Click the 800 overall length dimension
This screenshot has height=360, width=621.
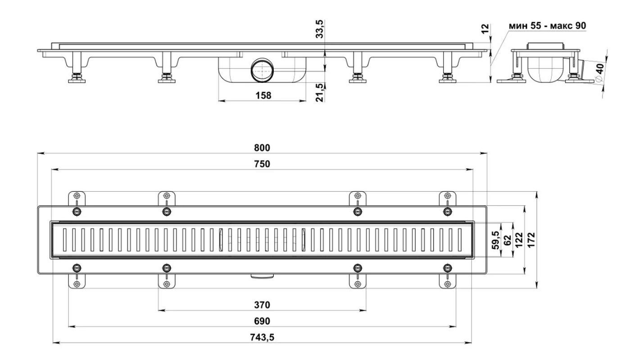(x=262, y=148)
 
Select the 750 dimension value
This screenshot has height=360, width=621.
(x=262, y=164)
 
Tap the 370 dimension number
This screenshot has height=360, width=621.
(x=262, y=305)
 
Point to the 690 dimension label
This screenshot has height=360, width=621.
(x=262, y=321)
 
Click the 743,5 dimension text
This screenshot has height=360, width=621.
(x=262, y=337)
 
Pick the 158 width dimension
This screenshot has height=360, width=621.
(x=263, y=95)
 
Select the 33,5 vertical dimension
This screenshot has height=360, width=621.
(x=319, y=29)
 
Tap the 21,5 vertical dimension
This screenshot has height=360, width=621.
(x=319, y=92)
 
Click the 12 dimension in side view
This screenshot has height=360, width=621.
(x=485, y=28)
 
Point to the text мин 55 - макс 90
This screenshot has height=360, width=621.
(x=547, y=26)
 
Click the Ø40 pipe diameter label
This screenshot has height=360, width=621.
(x=599, y=72)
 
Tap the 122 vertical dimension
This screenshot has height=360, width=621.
(x=519, y=240)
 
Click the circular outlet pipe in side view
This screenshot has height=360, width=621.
(x=261, y=71)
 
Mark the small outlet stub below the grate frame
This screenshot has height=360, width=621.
(x=262, y=275)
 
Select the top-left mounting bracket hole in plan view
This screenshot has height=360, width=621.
(x=77, y=196)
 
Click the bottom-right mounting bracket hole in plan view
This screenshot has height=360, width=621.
(x=447, y=284)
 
